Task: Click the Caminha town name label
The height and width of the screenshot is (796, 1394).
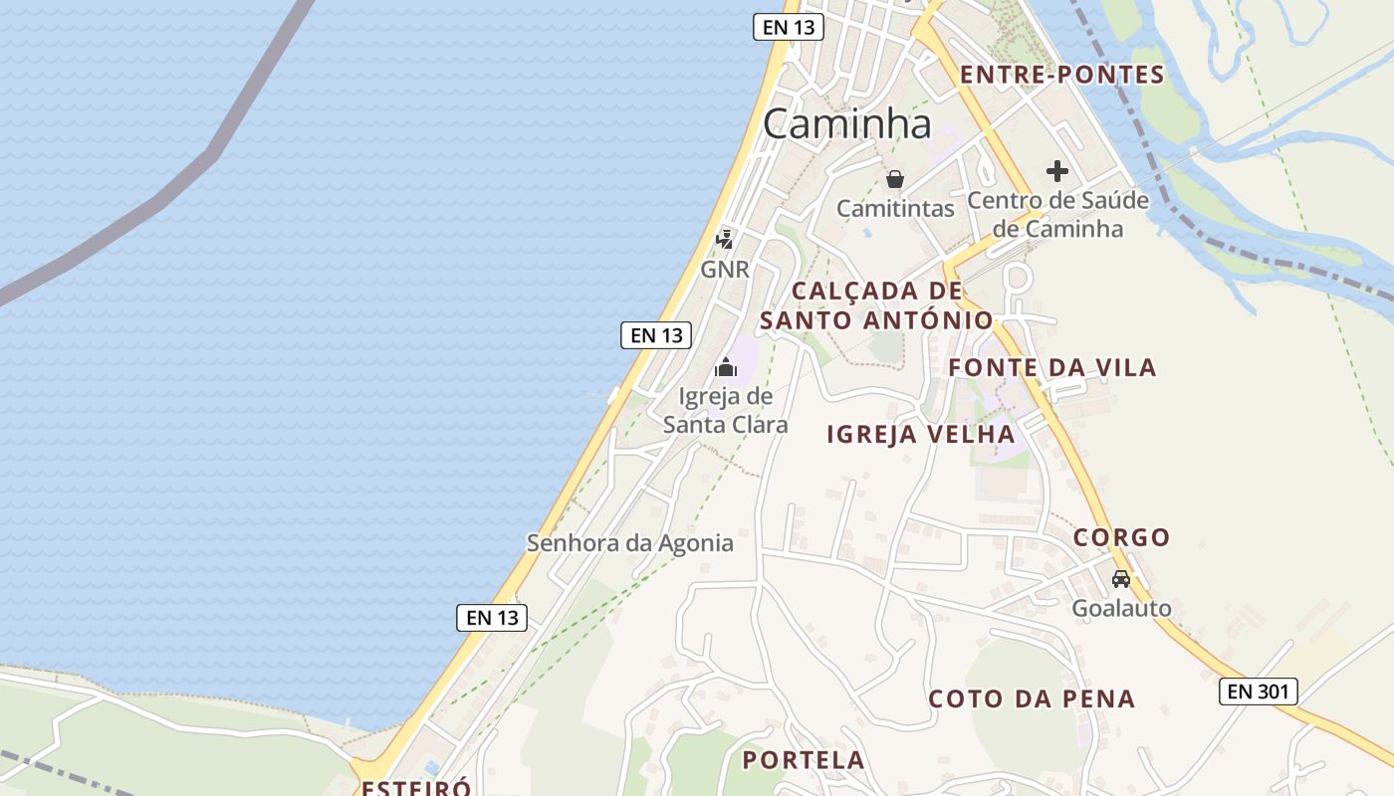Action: click(x=847, y=123)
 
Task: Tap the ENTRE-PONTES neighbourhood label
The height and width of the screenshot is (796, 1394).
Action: click(x=1061, y=75)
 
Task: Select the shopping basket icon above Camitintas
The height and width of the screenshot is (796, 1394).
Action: click(x=895, y=179)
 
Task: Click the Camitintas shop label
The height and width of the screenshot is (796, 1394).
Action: click(x=895, y=208)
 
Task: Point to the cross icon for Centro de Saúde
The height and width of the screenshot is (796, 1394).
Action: click(x=1057, y=171)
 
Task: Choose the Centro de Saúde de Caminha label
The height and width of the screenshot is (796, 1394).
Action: click(x=1057, y=214)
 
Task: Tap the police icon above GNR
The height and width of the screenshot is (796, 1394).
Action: click(x=725, y=239)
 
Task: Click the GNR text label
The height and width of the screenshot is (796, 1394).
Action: click(x=725, y=270)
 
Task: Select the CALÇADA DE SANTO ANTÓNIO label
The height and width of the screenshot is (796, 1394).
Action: click(x=876, y=305)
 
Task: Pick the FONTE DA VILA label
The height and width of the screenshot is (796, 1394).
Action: click(x=1052, y=368)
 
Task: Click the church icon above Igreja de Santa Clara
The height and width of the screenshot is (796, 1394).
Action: click(x=726, y=368)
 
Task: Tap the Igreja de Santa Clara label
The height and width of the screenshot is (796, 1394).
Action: click(x=726, y=410)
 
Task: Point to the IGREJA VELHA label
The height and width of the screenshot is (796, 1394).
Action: click(x=921, y=434)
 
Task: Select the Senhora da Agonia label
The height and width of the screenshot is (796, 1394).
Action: click(x=629, y=543)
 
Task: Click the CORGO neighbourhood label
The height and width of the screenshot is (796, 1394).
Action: click(x=1121, y=538)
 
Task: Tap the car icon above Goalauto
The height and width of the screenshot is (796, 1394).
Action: click(x=1121, y=578)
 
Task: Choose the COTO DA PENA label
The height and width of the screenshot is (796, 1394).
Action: click(x=1032, y=698)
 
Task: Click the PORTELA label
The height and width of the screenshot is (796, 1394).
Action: click(x=804, y=760)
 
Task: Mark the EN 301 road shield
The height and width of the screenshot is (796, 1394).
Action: click(x=1259, y=692)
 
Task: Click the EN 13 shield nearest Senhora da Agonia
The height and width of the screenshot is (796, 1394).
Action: click(x=492, y=617)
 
